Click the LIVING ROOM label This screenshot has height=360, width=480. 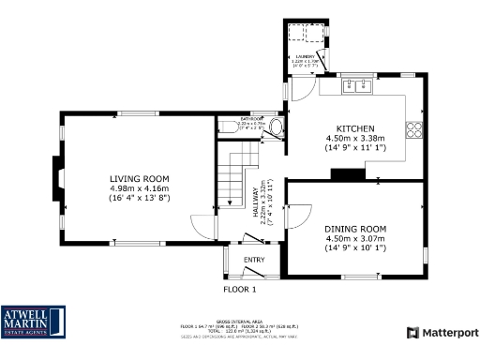pyautogui.click(x=138, y=178)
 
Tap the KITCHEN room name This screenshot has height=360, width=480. pyautogui.click(x=356, y=128)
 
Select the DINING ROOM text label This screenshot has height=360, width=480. pyautogui.click(x=355, y=229)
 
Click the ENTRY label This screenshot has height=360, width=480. pyautogui.click(x=254, y=260)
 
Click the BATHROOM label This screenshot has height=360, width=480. pyautogui.click(x=250, y=120)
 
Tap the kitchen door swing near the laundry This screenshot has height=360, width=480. pyautogui.click(x=301, y=89)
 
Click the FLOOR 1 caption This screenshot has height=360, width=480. pyautogui.click(x=240, y=290)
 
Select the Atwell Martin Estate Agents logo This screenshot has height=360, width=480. pyautogui.click(x=34, y=322)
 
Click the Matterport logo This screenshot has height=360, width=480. pyautogui.click(x=442, y=333)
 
